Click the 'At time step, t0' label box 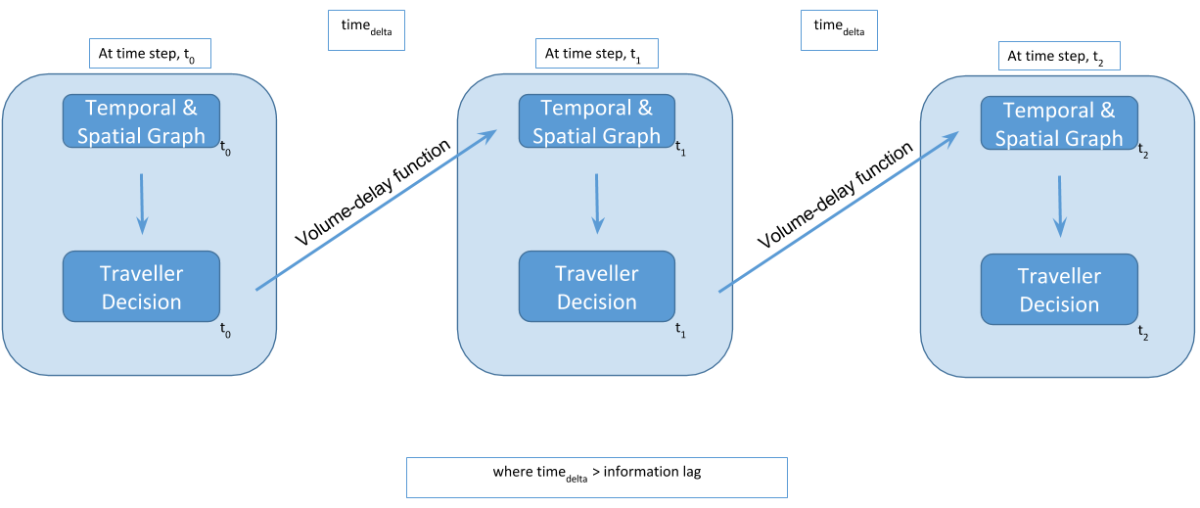click(150, 54)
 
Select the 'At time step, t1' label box click(597, 54)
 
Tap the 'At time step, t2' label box click(1059, 56)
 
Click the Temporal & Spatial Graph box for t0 click(141, 121)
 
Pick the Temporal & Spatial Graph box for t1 click(597, 121)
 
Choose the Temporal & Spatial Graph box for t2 click(1059, 123)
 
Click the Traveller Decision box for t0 click(141, 287)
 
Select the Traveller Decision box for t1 click(597, 287)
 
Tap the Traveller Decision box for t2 click(1059, 290)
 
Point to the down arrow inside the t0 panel click(142, 205)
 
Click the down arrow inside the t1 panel click(597, 205)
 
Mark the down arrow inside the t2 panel click(1060, 207)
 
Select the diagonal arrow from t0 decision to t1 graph click(377, 210)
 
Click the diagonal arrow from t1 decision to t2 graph click(839, 211)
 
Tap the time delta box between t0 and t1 click(366, 30)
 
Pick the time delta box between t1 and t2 click(839, 30)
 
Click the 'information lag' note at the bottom click(597, 478)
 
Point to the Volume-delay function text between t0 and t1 click(373, 193)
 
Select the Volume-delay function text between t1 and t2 click(835, 195)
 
